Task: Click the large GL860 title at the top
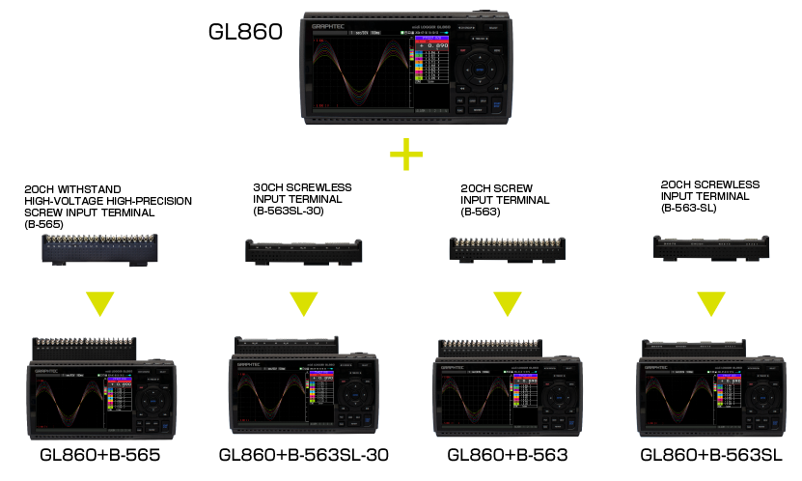[245, 31]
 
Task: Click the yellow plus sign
[406, 155]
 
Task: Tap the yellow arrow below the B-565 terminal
[98, 303]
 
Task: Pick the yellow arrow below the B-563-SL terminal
[710, 303]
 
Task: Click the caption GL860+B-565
[99, 455]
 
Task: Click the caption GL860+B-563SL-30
[302, 455]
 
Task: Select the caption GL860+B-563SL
[712, 455]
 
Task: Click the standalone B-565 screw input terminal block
[99, 250]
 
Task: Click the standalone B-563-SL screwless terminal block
[711, 250]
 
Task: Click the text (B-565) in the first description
[43, 224]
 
